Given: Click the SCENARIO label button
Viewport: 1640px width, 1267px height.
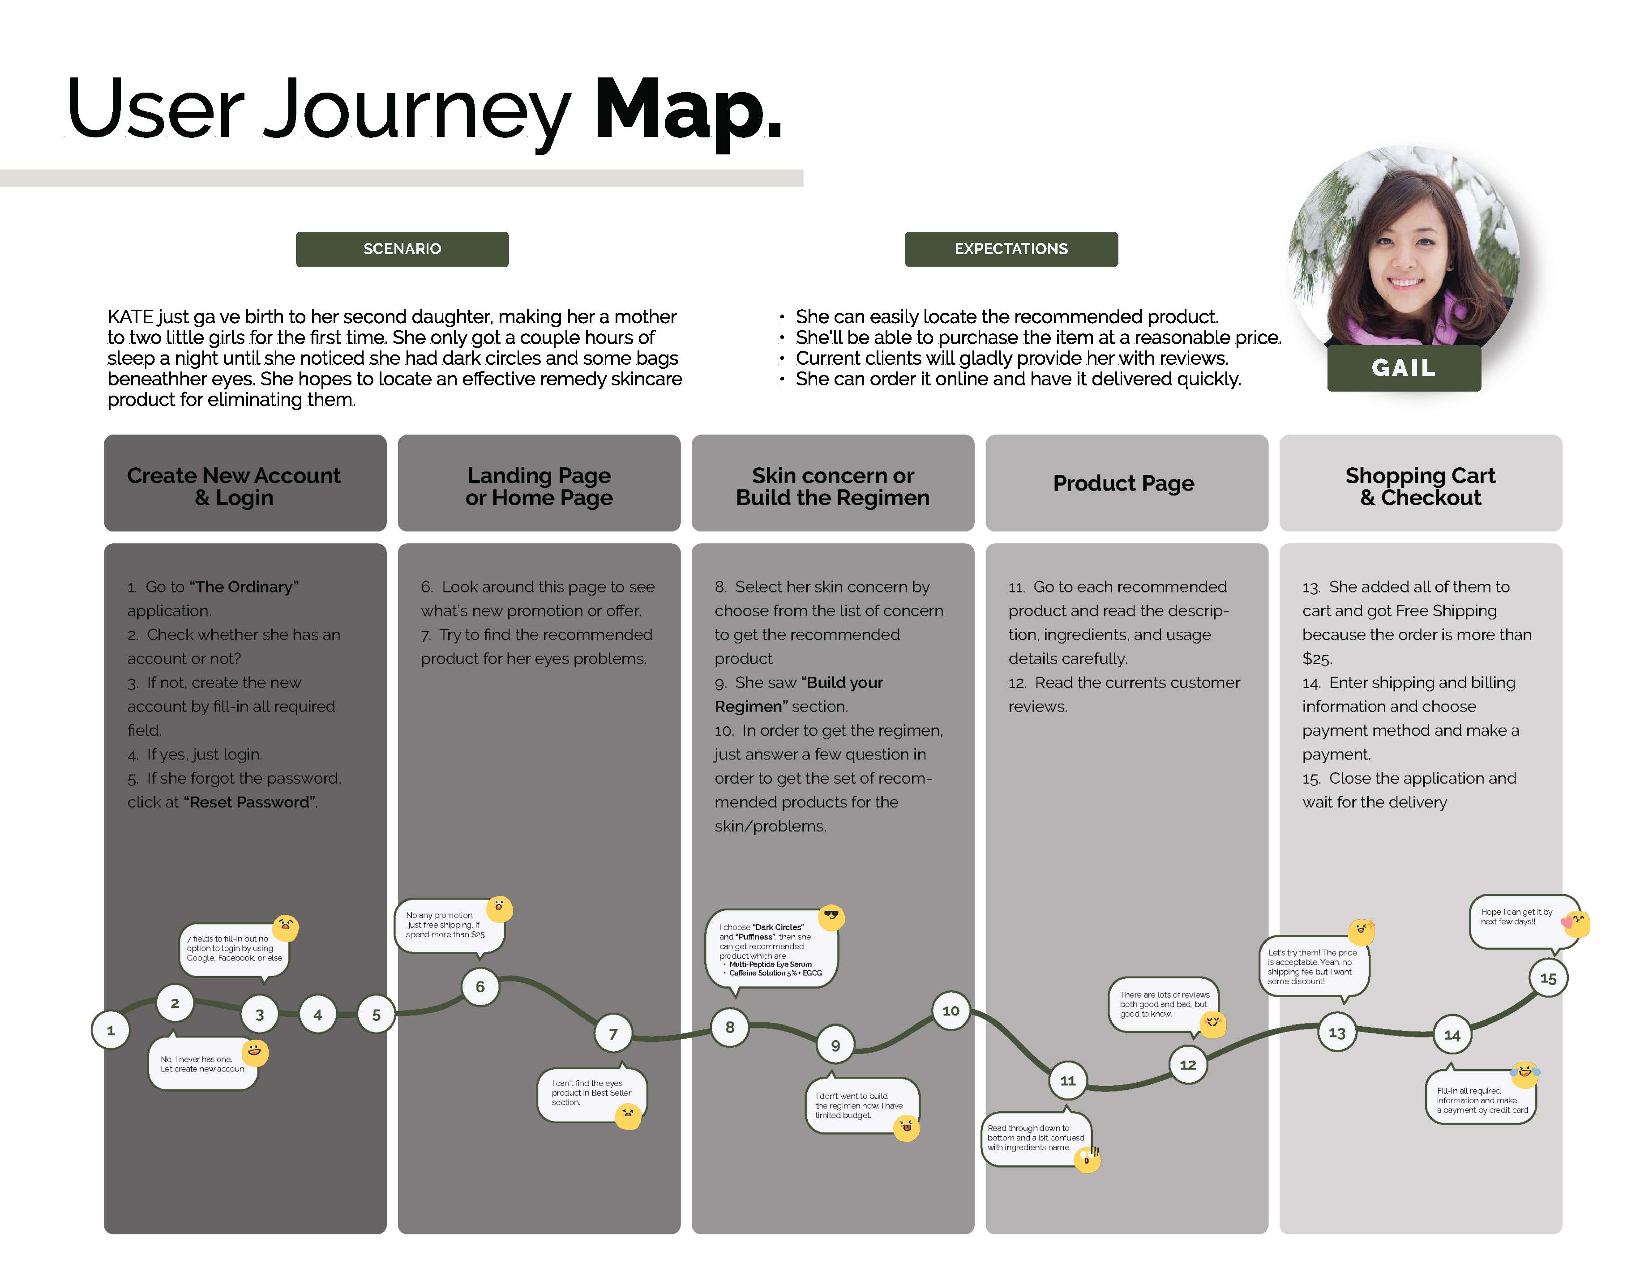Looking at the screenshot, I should pyautogui.click(x=402, y=249).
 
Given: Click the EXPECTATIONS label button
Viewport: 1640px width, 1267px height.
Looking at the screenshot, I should pyautogui.click(x=1011, y=249).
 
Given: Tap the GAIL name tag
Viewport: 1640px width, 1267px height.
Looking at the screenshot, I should pyautogui.click(x=1404, y=368).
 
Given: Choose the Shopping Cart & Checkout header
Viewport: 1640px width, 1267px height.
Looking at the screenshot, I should pyautogui.click(x=1420, y=486).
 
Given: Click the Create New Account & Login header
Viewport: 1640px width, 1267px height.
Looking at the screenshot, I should pyautogui.click(x=234, y=486).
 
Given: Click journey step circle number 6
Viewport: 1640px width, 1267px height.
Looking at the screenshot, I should pyautogui.click(x=480, y=986).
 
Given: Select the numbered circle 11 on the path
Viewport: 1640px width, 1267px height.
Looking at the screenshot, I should pyautogui.click(x=1067, y=1081).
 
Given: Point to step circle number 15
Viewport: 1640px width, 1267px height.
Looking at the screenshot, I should pyautogui.click(x=1548, y=978).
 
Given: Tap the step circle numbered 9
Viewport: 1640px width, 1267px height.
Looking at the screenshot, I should pyautogui.click(x=835, y=1045).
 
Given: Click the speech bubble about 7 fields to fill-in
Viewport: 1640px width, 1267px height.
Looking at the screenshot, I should pyautogui.click(x=234, y=949).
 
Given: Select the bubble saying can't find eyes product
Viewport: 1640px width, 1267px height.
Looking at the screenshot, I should pyautogui.click(x=590, y=1094).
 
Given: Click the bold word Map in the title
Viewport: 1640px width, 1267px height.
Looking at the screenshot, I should pyautogui.click(x=688, y=111).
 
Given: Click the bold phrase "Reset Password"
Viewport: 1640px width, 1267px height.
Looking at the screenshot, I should pyautogui.click(x=249, y=802).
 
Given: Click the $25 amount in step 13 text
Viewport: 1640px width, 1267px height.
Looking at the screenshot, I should pyautogui.click(x=1316, y=659).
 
